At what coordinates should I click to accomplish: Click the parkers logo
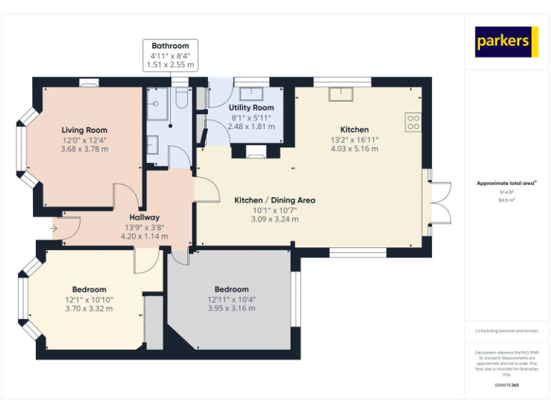(x=507, y=42)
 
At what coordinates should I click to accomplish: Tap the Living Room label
(x=84, y=130)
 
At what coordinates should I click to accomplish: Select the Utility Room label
(x=251, y=108)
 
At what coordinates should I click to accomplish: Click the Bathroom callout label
(x=170, y=46)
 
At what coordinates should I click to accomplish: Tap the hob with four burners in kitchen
(x=413, y=122)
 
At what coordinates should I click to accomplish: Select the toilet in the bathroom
(x=181, y=98)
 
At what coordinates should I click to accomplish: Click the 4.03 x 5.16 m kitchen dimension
(x=354, y=149)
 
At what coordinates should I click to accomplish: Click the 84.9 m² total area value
(x=507, y=201)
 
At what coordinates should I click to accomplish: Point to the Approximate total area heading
(x=507, y=184)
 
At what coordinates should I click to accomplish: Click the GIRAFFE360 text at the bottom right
(x=507, y=386)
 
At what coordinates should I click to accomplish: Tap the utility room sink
(x=250, y=93)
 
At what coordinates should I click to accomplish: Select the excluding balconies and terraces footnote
(x=507, y=331)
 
